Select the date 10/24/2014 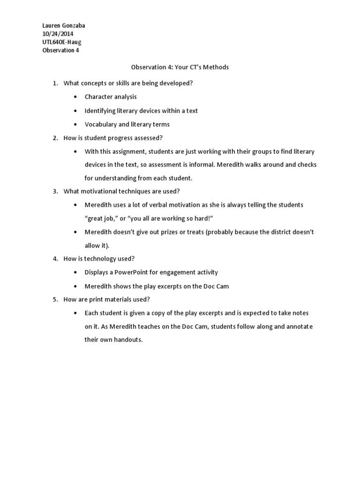tap(58, 34)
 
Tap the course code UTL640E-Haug tap(61, 42)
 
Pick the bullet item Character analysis tap(111, 97)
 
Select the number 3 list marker tap(55, 191)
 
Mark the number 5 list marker tap(55, 300)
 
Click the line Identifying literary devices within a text tap(141, 111)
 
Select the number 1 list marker tap(55, 83)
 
